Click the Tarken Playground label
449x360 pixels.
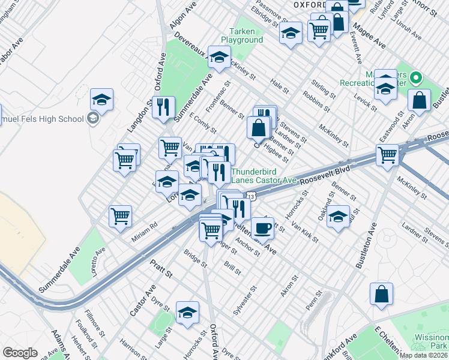tap(242, 35)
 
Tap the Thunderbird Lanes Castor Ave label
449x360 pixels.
tap(264, 175)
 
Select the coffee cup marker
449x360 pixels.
tap(262, 229)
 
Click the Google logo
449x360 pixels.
tap(20, 353)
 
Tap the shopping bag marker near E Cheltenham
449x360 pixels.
tap(382, 295)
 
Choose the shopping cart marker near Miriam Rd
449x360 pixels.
tap(121, 217)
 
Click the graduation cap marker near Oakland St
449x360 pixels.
tap(339, 217)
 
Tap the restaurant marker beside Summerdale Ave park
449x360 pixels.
tap(163, 108)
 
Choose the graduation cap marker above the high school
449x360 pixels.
tap(102, 100)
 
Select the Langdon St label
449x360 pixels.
tap(137, 116)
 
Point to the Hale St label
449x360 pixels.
tap(279, 83)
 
